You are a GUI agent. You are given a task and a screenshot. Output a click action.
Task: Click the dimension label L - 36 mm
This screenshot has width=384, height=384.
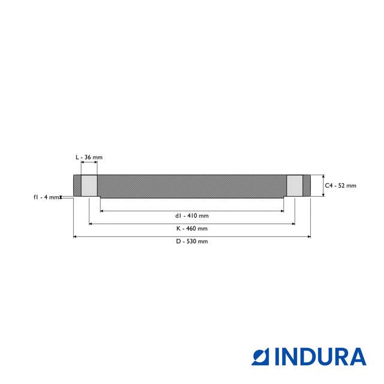click(x=89, y=157)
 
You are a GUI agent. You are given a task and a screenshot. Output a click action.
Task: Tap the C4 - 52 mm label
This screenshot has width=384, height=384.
click(x=340, y=185)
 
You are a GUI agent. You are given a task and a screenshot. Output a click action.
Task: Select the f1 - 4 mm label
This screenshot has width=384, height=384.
click(x=46, y=197)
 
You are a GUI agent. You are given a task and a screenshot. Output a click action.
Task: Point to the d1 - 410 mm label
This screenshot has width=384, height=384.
click(x=192, y=216)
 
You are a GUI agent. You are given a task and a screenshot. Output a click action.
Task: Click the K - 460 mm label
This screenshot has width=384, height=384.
click(x=192, y=229)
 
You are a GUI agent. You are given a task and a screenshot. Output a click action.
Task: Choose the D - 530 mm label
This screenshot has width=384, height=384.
click(x=192, y=241)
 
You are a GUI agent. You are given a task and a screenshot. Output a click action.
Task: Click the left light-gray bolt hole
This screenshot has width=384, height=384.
click(x=89, y=185)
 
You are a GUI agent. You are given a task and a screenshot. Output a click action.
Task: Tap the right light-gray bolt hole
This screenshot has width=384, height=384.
click(x=295, y=185)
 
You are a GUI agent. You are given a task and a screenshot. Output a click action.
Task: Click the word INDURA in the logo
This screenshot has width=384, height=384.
click(x=321, y=357)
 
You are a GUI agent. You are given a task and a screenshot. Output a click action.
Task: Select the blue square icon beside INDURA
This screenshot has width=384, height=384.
click(x=260, y=357)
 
